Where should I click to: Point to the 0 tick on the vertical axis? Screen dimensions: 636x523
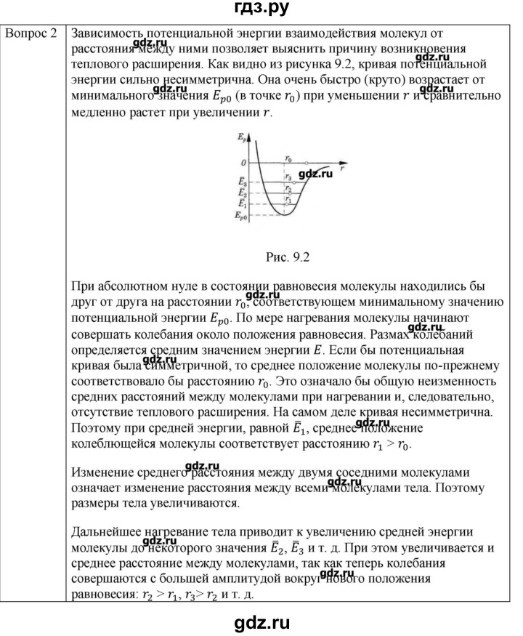point(244,163)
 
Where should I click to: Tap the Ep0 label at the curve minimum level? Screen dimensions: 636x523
point(240,216)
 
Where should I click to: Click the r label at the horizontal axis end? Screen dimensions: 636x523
point(341,169)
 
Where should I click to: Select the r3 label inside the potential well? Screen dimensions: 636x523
point(289,177)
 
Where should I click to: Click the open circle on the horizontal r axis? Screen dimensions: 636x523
point(306,163)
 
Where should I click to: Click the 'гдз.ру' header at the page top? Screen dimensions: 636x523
point(261,10)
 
